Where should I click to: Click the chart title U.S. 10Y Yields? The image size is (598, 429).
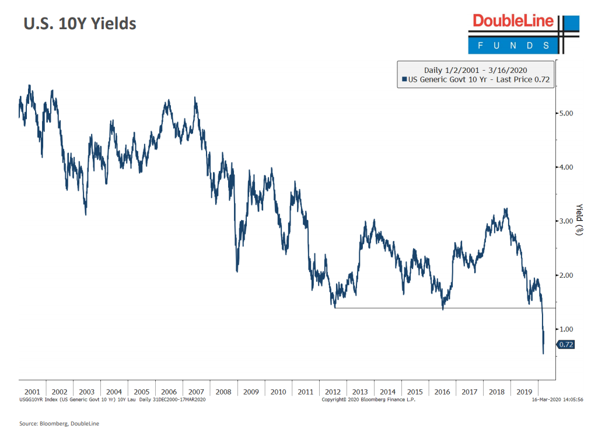[x=79, y=24]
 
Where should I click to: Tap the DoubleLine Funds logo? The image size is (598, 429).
[x=523, y=33]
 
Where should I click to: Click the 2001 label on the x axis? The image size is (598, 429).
[x=32, y=392]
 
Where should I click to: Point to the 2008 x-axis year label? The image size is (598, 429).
[x=224, y=392]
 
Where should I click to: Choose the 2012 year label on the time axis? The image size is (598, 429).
[x=333, y=392]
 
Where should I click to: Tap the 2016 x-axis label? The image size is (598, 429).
[x=442, y=392]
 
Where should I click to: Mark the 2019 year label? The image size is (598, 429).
[x=524, y=392]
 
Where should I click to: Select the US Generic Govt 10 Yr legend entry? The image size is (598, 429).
[x=475, y=79]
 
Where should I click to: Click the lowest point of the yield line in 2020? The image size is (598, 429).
[x=543, y=354]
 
